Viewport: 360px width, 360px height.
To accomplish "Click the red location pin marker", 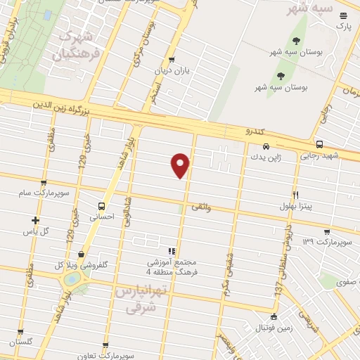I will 181,165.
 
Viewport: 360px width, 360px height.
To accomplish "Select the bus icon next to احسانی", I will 103,207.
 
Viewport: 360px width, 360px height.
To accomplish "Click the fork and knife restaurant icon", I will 295,195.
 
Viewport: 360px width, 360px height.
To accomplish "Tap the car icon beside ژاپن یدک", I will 257,148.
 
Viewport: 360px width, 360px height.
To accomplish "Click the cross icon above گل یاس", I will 35,220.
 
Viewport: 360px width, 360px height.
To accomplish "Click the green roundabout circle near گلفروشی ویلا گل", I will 71,279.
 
